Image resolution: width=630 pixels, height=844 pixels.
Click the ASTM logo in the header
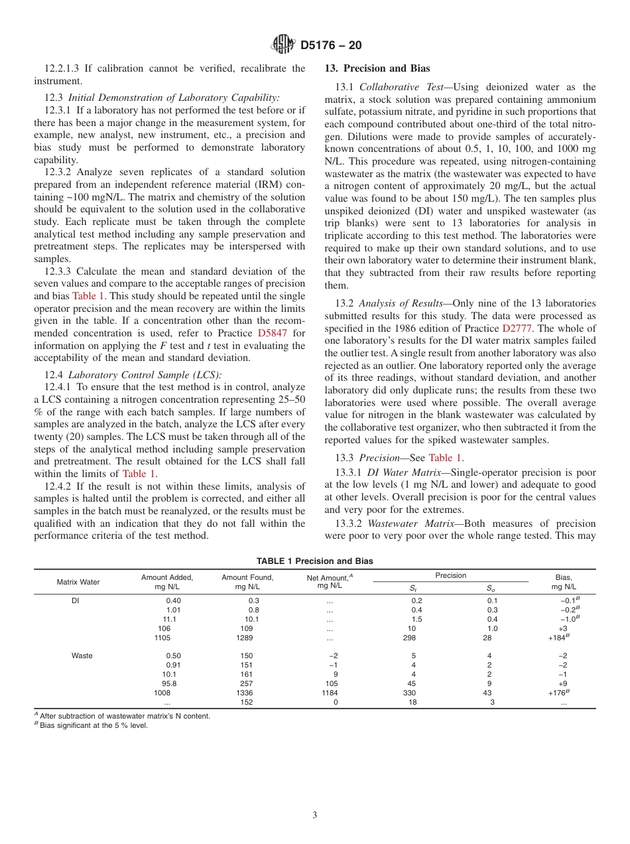tap(283, 45)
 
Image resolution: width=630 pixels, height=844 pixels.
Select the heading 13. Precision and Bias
tap(377, 68)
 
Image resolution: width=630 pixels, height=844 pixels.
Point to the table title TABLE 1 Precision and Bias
tap(314, 561)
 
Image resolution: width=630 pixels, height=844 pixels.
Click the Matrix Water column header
tap(78, 582)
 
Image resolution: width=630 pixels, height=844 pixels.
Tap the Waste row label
tap(82, 656)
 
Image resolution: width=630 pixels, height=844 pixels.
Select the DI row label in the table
tap(75, 600)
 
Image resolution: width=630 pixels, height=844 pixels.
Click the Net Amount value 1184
tap(329, 693)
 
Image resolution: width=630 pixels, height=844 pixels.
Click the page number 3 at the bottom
tap(315, 815)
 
